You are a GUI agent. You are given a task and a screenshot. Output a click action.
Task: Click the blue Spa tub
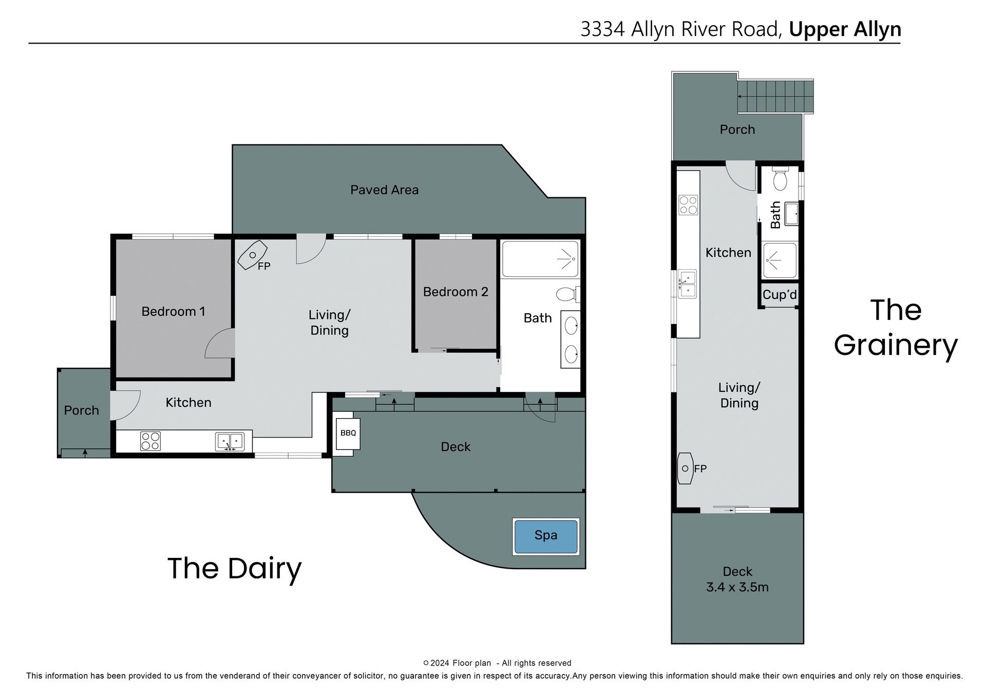click(x=545, y=536)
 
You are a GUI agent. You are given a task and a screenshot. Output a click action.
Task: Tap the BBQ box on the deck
click(x=348, y=434)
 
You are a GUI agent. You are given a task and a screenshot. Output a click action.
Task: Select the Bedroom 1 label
click(x=173, y=312)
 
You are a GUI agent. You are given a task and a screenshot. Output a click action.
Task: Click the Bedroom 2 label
click(x=456, y=292)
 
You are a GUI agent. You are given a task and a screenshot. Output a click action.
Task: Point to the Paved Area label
click(x=384, y=190)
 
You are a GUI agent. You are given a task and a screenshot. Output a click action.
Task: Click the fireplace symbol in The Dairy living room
click(x=252, y=255)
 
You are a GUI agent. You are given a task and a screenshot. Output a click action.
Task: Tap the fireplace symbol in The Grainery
click(x=685, y=468)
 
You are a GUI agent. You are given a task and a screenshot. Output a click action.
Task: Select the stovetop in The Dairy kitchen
click(x=150, y=441)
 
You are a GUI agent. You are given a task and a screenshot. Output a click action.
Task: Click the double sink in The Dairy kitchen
click(x=230, y=441)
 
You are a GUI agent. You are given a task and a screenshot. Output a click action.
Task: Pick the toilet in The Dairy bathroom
click(x=566, y=294)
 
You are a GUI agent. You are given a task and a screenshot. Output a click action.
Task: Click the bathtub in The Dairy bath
click(x=540, y=259)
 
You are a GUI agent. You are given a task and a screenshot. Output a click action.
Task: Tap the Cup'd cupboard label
click(x=780, y=295)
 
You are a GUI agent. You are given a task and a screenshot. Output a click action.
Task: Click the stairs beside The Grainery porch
click(x=775, y=97)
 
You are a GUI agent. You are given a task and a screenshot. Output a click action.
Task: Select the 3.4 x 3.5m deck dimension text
click(x=737, y=588)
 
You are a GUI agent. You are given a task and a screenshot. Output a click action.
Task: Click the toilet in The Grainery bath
click(x=780, y=180)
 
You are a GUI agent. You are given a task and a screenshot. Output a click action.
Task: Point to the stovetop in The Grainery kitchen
click(x=688, y=205)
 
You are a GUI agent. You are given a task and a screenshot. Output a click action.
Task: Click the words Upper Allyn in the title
click(x=845, y=29)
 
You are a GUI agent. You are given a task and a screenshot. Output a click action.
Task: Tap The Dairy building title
click(x=234, y=569)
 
